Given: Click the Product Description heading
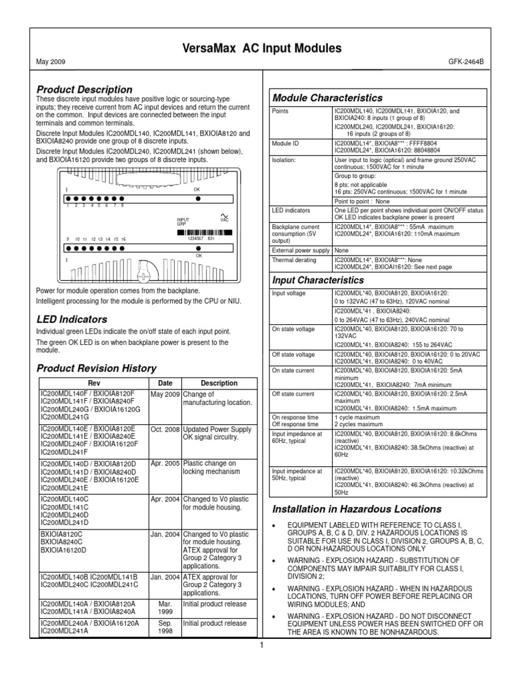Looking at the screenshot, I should pos(84,89).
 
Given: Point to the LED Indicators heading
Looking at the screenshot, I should pos(71,319).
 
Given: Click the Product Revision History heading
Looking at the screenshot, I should pos(96,368).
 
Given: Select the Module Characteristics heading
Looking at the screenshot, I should pos(328,98).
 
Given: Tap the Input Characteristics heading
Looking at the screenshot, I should pos(319,280).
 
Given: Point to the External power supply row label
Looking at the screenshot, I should pos(301,250).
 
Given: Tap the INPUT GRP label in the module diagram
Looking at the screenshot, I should pos(183,221).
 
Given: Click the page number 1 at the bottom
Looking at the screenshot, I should pos(262,645).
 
